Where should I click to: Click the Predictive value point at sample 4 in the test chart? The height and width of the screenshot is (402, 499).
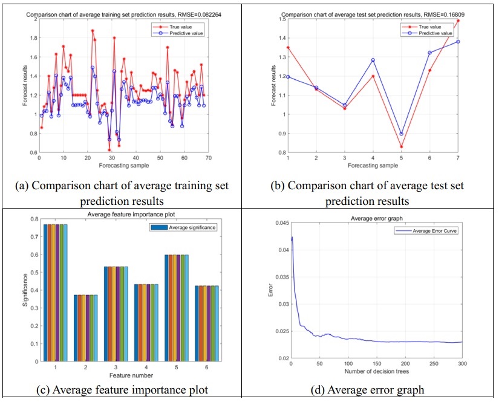373,60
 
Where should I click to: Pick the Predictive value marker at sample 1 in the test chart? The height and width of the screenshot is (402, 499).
288,77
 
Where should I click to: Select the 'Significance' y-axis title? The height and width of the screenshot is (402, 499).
25,290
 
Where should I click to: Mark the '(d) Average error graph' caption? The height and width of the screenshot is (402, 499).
376,390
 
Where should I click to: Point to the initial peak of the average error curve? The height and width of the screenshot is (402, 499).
292,237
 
